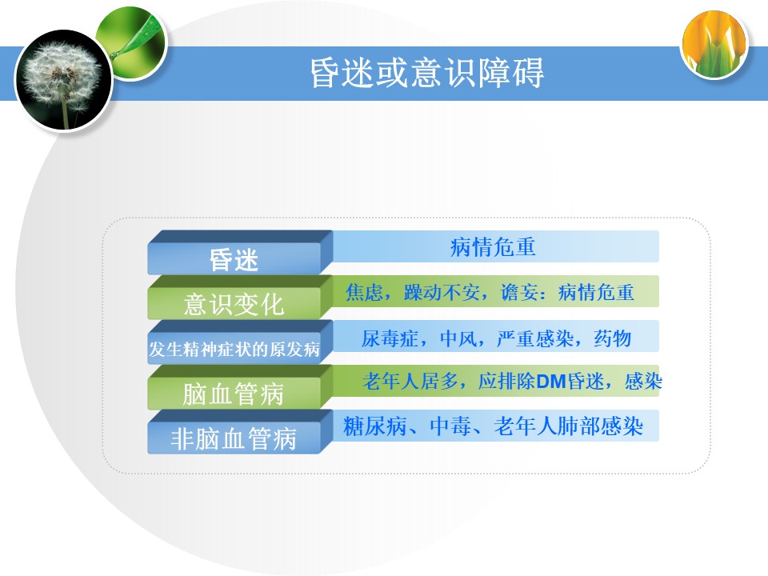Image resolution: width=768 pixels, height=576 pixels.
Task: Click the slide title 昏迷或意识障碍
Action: [x=426, y=73]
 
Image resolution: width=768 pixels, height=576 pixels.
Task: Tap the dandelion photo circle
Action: [x=63, y=80]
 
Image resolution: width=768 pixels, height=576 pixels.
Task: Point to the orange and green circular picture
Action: [x=714, y=45]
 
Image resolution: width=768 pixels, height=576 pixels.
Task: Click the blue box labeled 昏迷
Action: [x=234, y=259]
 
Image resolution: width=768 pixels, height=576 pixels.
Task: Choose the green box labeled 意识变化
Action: [x=234, y=304]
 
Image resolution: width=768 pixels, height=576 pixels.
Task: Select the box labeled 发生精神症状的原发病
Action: [x=234, y=349]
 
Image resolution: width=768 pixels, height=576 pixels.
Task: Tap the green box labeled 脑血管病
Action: [x=234, y=394]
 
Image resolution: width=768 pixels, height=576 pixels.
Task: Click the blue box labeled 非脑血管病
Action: [x=234, y=438]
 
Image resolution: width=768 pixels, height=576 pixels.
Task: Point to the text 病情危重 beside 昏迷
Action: [x=493, y=247]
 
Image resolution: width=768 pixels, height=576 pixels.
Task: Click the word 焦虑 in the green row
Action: [x=364, y=293]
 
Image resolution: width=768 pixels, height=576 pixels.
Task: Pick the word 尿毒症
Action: [x=390, y=338]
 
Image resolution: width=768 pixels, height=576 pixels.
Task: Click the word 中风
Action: [x=458, y=338]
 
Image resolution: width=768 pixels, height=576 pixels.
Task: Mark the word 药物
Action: [x=613, y=338]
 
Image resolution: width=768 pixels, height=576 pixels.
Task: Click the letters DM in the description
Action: [x=551, y=382]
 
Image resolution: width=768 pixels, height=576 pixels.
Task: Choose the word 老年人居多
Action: [x=410, y=381]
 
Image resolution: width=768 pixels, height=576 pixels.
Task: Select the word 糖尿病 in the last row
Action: [x=374, y=426]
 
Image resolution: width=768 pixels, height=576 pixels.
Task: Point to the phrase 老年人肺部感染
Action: [x=568, y=426]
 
